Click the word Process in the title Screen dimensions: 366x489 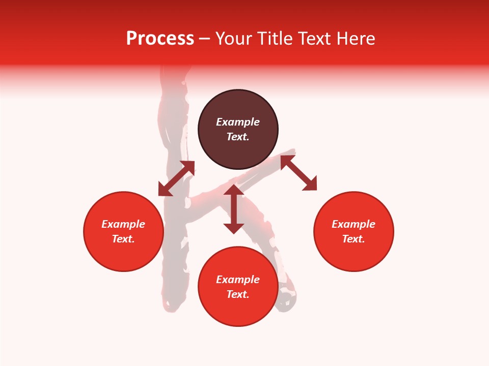coord(160,39)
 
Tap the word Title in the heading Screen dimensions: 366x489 coord(275,39)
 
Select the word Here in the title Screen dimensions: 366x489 coord(356,39)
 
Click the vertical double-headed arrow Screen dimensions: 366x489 coord(234,209)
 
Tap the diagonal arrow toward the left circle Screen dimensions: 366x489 coord(176,178)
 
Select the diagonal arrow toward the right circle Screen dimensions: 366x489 coord(298,173)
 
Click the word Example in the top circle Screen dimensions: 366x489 coord(238,122)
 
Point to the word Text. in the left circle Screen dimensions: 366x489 coord(123,239)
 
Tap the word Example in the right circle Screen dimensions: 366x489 coord(354,224)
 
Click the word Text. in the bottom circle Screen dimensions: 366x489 coord(238,294)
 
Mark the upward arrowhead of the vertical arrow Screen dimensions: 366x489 coord(234,190)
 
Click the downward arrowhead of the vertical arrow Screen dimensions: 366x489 coord(234,228)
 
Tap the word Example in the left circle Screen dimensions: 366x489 coord(123,224)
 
